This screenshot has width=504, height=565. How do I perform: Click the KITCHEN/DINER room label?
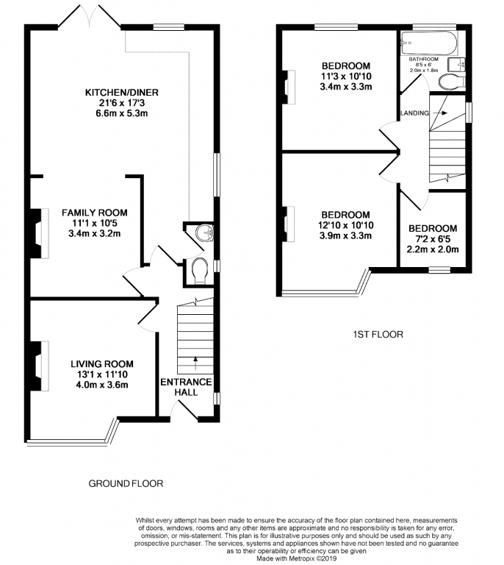(x=122, y=93)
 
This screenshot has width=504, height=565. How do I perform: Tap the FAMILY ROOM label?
(x=95, y=213)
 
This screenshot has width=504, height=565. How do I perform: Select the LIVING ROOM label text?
(x=102, y=364)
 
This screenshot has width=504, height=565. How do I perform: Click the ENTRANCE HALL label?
(x=186, y=387)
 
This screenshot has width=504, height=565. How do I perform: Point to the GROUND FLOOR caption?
(x=126, y=483)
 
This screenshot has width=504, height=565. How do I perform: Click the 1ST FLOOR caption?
(x=378, y=335)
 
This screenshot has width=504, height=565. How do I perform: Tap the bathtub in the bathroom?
(x=429, y=43)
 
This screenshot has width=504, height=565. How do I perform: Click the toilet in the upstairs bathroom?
(x=452, y=82)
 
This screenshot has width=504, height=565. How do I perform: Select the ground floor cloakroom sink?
(x=205, y=232)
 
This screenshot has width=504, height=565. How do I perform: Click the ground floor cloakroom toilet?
(x=200, y=271)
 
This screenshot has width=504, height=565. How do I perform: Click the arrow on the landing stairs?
(x=440, y=113)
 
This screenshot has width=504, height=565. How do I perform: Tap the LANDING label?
(x=415, y=113)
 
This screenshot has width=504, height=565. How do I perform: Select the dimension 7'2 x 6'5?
(x=433, y=239)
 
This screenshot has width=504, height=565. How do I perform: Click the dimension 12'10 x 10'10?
(x=345, y=226)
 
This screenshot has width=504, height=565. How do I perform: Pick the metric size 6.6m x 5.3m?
(x=122, y=113)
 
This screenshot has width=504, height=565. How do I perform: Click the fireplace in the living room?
(x=39, y=366)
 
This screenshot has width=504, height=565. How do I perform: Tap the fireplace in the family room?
(x=39, y=233)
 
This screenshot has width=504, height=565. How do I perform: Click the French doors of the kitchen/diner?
(x=89, y=18)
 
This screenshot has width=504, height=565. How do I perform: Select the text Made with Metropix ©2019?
(x=296, y=558)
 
